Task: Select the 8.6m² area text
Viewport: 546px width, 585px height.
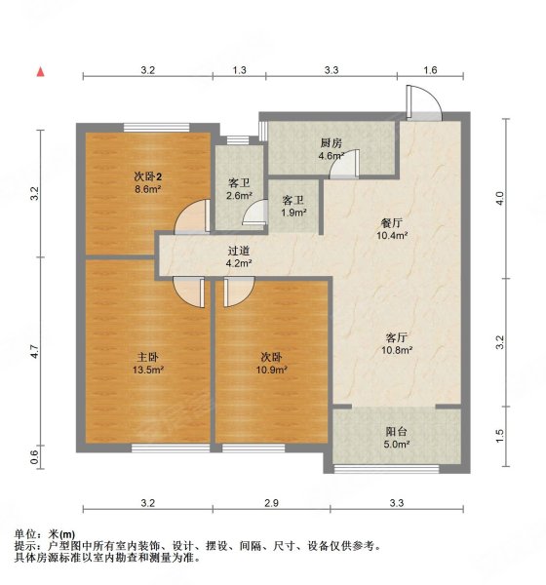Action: pyautogui.click(x=148, y=190)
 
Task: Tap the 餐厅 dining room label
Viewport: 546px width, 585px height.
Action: pyautogui.click(x=392, y=221)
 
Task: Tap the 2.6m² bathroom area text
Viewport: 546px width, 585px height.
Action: pyautogui.click(x=239, y=196)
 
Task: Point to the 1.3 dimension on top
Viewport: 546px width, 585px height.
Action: pyautogui.click(x=240, y=69)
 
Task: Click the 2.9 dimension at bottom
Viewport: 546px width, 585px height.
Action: pyautogui.click(x=271, y=503)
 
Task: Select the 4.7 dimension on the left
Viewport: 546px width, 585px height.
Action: pyautogui.click(x=34, y=351)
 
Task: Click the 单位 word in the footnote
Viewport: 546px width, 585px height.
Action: pyautogui.click(x=26, y=534)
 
